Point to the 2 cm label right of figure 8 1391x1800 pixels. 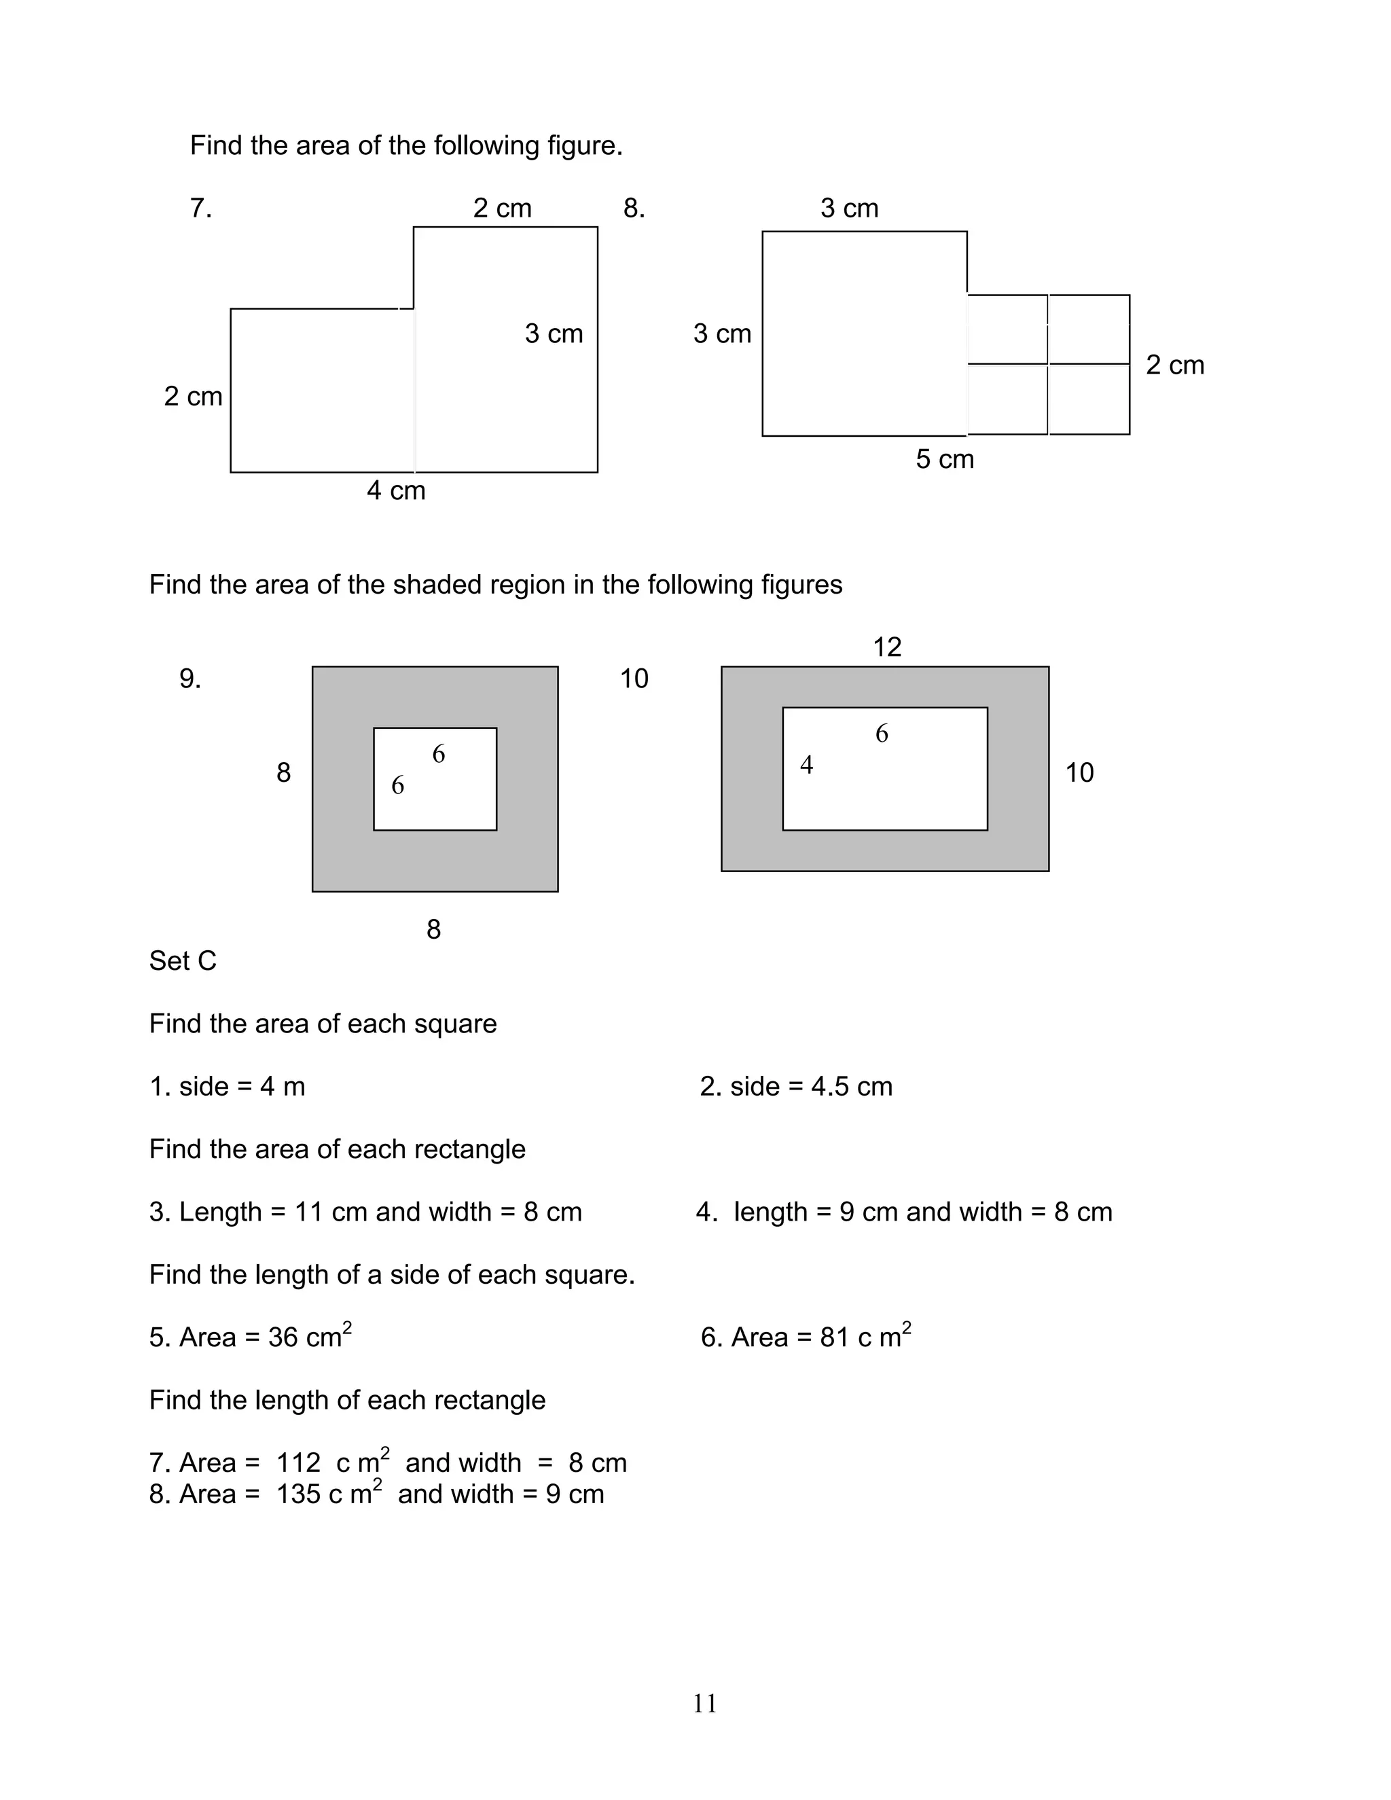(1174, 365)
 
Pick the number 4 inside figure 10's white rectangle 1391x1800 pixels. (807, 766)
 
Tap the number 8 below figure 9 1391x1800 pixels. (433, 930)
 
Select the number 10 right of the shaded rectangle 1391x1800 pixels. (1079, 773)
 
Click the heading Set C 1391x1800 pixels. (183, 961)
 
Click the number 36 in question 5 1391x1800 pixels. (283, 1337)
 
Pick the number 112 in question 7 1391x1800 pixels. (297, 1463)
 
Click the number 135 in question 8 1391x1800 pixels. (297, 1494)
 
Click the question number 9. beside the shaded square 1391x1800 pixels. (190, 679)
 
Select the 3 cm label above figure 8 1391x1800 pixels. (849, 209)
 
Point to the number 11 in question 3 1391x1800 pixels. (308, 1212)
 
